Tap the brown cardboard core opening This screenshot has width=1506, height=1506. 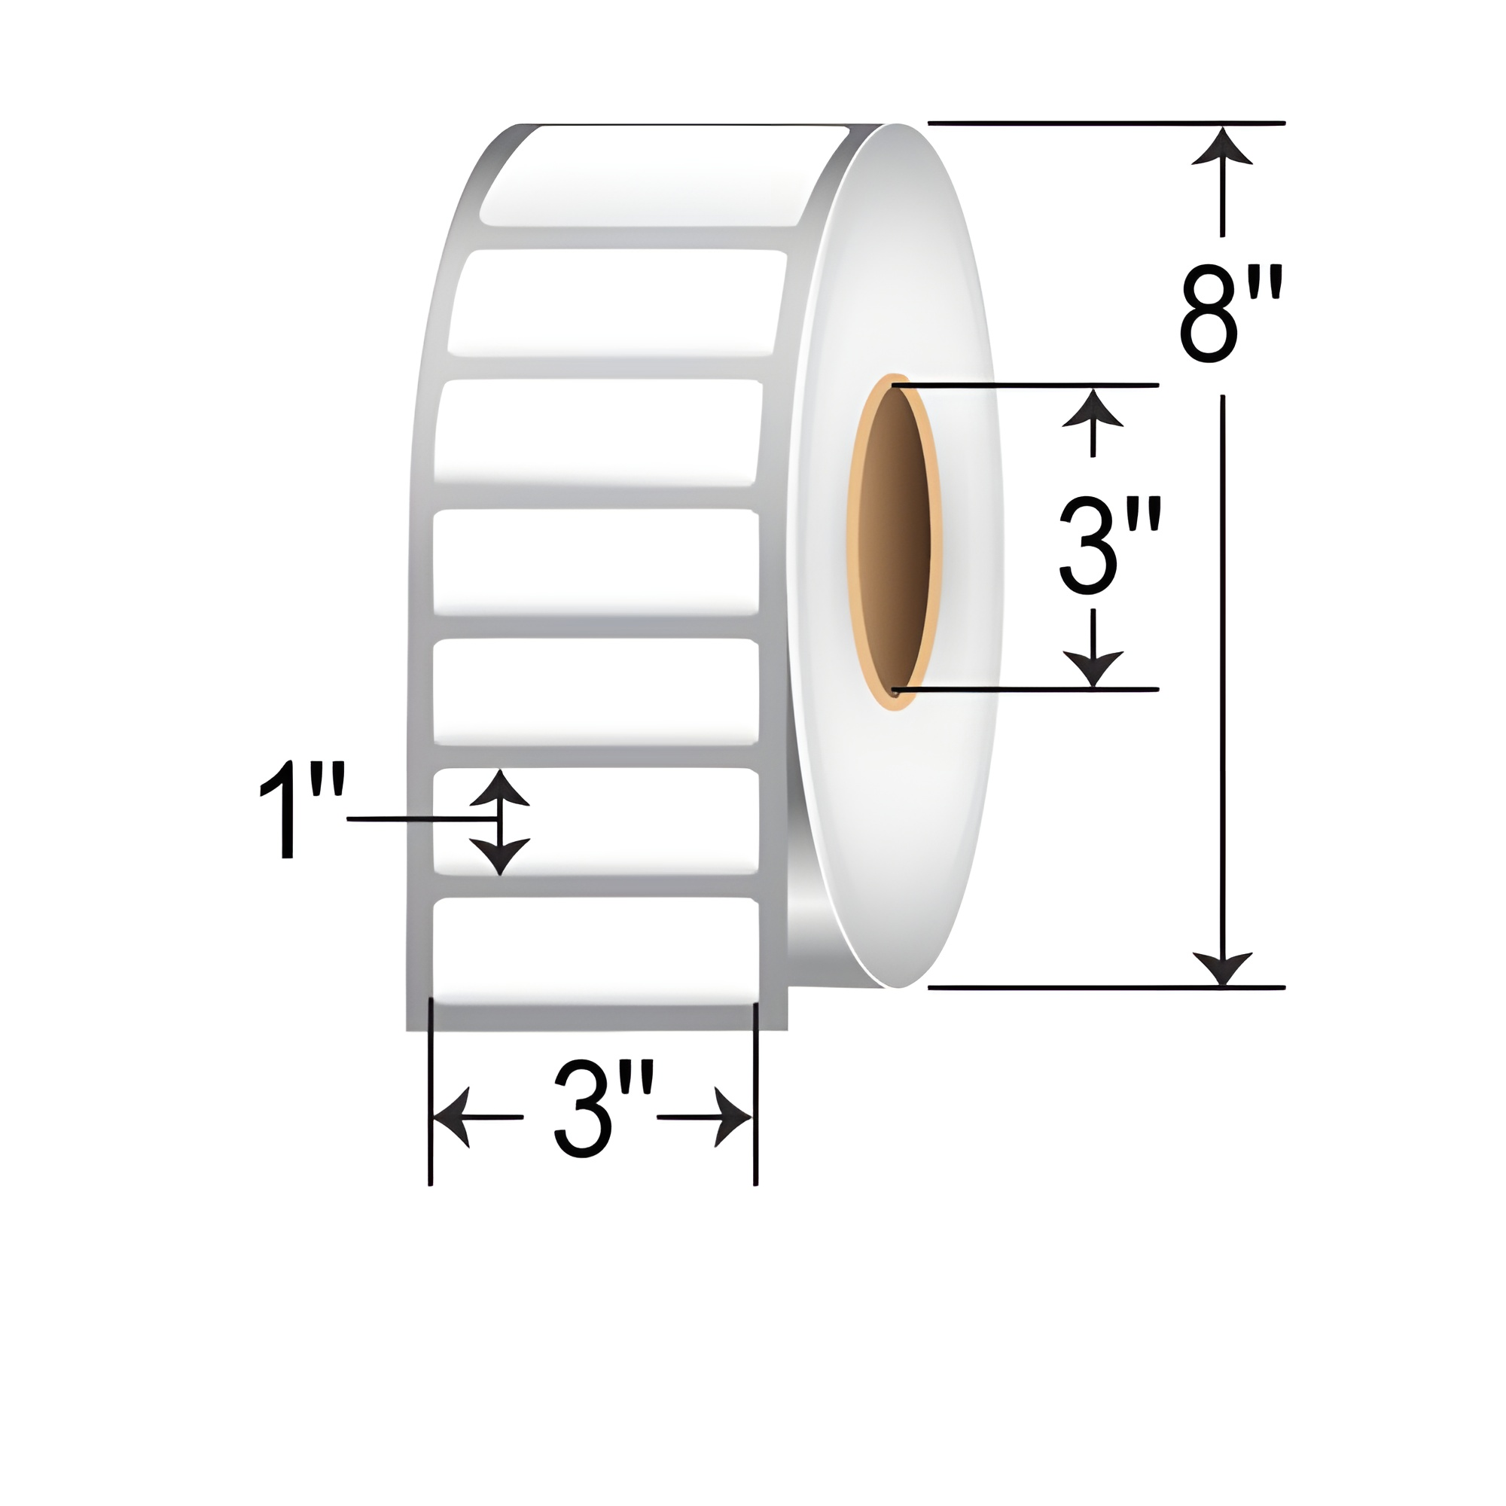(x=895, y=538)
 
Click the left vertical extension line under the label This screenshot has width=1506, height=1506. (x=430, y=1091)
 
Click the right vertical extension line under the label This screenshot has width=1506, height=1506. (x=755, y=1091)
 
